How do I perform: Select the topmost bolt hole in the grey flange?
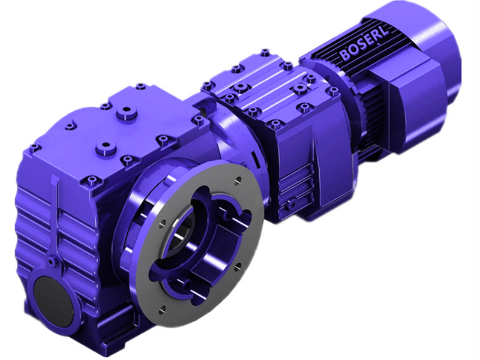[237, 178]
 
